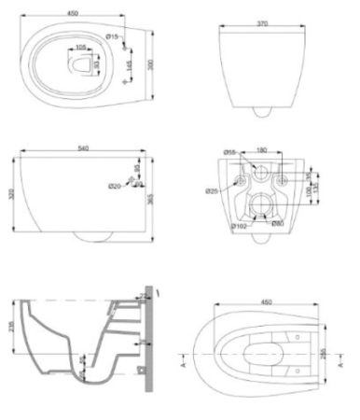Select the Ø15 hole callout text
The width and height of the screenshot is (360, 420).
pyautogui.click(x=113, y=36)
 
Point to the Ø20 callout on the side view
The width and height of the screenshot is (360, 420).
pyautogui.click(x=115, y=187)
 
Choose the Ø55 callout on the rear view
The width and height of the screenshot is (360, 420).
pyautogui.click(x=228, y=152)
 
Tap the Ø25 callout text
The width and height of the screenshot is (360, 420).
pyautogui.click(x=212, y=190)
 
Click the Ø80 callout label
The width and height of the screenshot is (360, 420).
pyautogui.click(x=277, y=223)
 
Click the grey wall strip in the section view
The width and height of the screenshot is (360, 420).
pyautogui.click(x=148, y=336)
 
